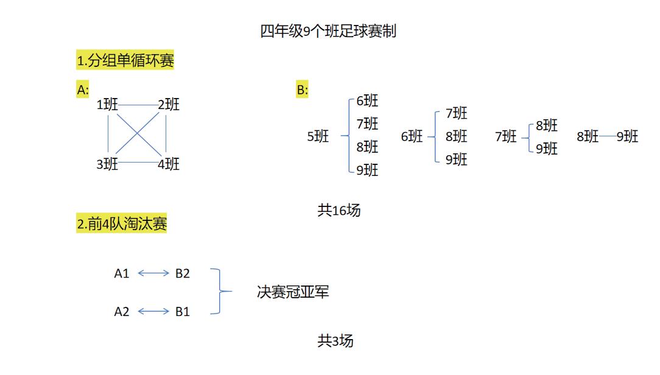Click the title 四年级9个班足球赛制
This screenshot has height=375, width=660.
(x=328, y=31)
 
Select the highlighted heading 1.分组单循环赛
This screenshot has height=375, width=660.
(x=125, y=60)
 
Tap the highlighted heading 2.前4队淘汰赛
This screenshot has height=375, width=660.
(x=122, y=224)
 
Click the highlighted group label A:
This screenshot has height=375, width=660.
(x=83, y=90)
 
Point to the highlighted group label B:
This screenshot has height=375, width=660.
(x=303, y=90)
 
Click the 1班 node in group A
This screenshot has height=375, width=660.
(x=107, y=105)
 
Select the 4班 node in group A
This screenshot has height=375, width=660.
(x=169, y=164)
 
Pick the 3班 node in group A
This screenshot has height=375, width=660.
(x=107, y=164)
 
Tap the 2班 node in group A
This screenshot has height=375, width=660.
(x=169, y=105)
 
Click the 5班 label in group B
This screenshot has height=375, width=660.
(x=318, y=137)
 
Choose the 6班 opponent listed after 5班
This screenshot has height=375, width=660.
(x=367, y=101)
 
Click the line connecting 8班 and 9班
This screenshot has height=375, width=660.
(x=608, y=136)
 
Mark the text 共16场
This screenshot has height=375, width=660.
(x=339, y=211)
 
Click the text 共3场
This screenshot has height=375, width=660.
(x=335, y=341)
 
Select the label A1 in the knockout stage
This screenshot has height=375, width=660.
(x=122, y=273)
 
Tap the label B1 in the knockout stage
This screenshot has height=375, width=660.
(x=183, y=312)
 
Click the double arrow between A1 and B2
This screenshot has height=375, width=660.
(x=153, y=273)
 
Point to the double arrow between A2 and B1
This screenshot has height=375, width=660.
(x=153, y=312)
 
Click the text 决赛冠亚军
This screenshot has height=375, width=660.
(x=293, y=292)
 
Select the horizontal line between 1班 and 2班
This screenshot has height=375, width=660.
(x=138, y=105)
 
